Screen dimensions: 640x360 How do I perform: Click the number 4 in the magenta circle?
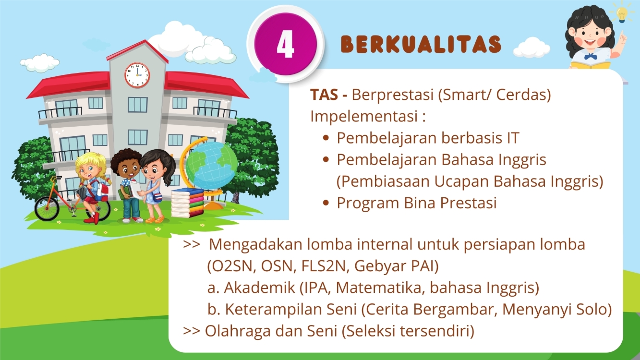(x=285, y=44)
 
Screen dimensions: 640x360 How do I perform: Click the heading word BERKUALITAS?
(x=421, y=44)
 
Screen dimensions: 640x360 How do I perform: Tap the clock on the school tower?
(x=137, y=75)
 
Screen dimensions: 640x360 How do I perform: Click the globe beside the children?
(x=211, y=166)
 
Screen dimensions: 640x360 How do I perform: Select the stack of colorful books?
(x=187, y=203)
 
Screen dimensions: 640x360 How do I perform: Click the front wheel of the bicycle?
(x=47, y=208)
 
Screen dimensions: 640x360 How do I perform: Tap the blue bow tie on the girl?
(x=591, y=57)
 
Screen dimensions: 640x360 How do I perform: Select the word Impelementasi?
(x=364, y=116)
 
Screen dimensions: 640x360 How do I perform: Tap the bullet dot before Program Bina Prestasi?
(x=326, y=203)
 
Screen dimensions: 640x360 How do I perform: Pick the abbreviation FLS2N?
(x=325, y=266)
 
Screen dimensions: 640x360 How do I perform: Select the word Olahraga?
(x=238, y=331)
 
